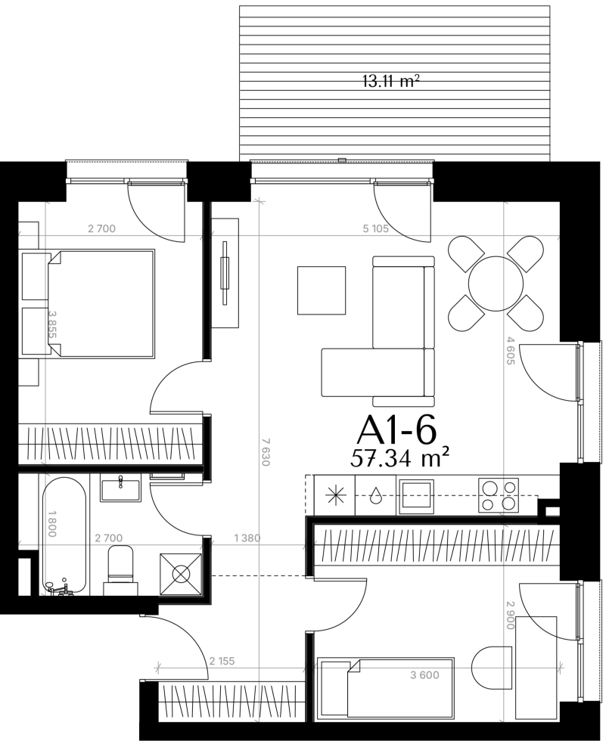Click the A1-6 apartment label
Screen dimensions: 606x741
pyautogui.click(x=396, y=430)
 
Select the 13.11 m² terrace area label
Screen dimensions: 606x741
pyautogui.click(x=391, y=82)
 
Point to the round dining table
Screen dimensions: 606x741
pyautogui.click(x=496, y=284)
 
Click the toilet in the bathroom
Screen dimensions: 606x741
pyautogui.click(x=120, y=570)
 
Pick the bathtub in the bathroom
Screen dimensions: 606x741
pyautogui.click(x=64, y=535)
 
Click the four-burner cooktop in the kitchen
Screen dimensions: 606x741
pyautogui.click(x=499, y=495)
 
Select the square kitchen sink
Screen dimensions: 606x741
pyautogui.click(x=416, y=496)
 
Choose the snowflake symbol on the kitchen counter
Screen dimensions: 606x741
pyautogui.click(x=336, y=495)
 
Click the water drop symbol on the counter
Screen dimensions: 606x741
pyautogui.click(x=376, y=495)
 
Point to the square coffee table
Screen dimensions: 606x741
pyautogui.click(x=322, y=290)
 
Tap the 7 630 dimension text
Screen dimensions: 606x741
pyautogui.click(x=266, y=452)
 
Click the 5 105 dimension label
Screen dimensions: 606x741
pyautogui.click(x=376, y=228)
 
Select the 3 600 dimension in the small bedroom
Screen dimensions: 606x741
pyautogui.click(x=424, y=675)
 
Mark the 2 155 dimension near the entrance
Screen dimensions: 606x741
pyautogui.click(x=222, y=661)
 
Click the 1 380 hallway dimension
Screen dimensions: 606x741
pyautogui.click(x=247, y=538)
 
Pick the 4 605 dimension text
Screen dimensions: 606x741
pyautogui.click(x=510, y=350)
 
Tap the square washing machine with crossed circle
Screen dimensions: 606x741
pyautogui.click(x=181, y=574)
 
